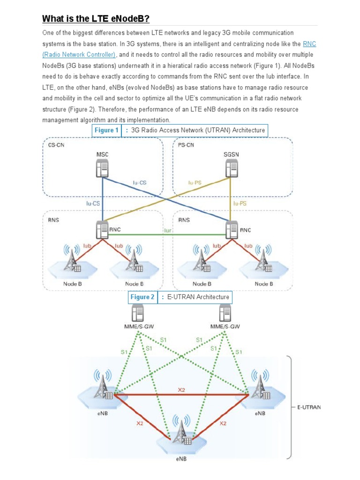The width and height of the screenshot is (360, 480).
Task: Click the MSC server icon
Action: coord(102,168)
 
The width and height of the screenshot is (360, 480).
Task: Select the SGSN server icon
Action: coord(231,168)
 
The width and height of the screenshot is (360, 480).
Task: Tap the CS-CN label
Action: coord(56,145)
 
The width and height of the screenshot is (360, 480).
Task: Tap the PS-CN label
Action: coord(187,145)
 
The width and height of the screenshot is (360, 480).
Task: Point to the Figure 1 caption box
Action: coord(180,130)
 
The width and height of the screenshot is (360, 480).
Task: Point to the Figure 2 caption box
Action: coord(180,297)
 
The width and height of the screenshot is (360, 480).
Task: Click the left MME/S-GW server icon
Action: coord(138,313)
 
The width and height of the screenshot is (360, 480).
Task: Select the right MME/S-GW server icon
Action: coord(225,313)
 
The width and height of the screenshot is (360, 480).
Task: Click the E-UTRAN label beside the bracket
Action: coord(309,407)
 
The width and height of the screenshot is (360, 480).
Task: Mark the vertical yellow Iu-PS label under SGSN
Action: coord(240,203)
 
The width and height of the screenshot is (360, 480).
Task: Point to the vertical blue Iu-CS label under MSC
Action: coord(92,203)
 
